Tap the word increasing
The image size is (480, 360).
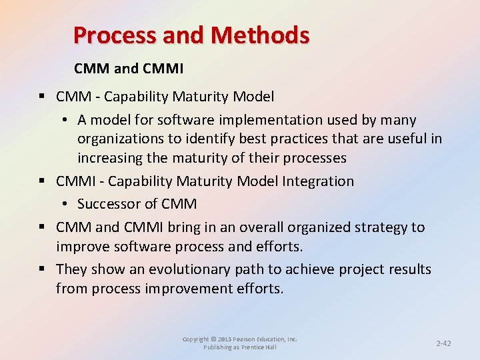pyautogui.click(x=107, y=158)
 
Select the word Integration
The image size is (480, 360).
pyautogui.click(x=319, y=181)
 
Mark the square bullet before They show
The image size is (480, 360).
pyautogui.click(x=43, y=269)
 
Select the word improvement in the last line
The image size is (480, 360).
pyautogui.click(x=197, y=289)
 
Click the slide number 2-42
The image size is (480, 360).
pyautogui.click(x=443, y=343)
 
